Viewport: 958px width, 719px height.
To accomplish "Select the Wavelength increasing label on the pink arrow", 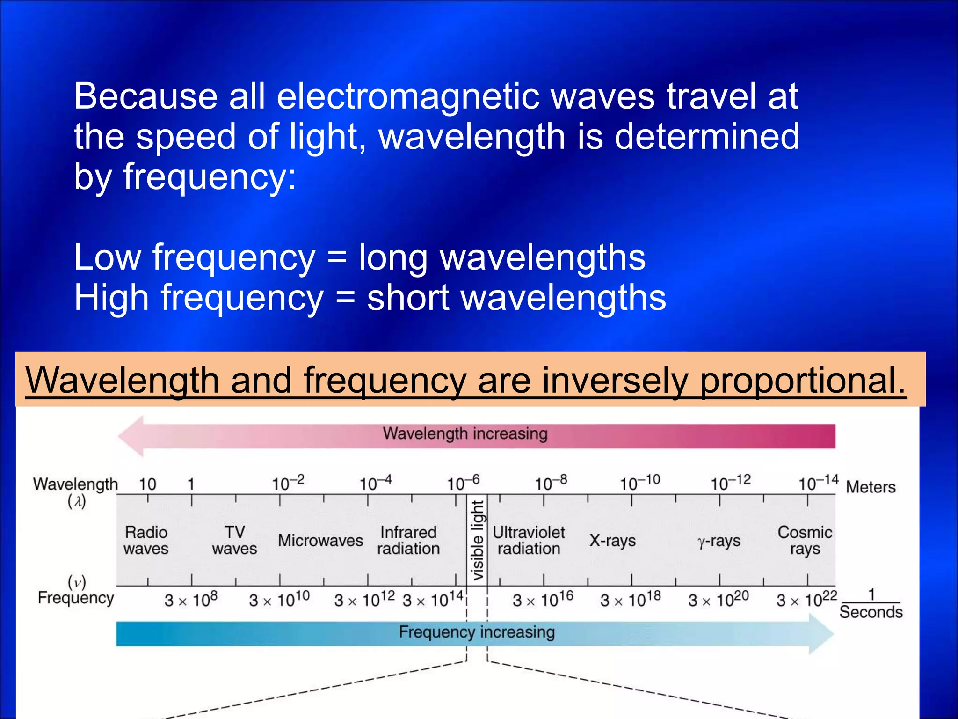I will [x=465, y=433].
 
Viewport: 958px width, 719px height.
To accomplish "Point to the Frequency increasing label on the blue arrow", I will [x=477, y=632].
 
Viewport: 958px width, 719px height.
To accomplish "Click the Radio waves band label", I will [x=146, y=540].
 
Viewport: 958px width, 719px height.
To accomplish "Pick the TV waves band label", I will [x=234, y=540].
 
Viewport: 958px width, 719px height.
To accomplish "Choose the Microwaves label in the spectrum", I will [x=320, y=541].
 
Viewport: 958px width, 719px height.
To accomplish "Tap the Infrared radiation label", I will [x=408, y=540].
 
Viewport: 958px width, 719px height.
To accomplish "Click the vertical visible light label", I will [x=477, y=540].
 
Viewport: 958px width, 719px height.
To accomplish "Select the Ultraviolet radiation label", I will [x=529, y=540].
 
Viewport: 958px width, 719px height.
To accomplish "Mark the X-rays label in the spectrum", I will [x=612, y=541].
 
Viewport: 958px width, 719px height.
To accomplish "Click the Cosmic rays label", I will [x=805, y=540].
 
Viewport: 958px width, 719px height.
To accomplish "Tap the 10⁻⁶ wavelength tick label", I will [x=463, y=482].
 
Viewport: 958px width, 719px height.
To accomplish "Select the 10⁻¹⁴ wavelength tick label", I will [x=818, y=482].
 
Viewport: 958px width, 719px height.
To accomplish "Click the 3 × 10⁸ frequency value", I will [x=191, y=599].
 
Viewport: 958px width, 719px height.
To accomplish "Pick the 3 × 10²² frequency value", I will [x=806, y=599].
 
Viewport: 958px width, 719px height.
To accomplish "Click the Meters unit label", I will [x=871, y=487].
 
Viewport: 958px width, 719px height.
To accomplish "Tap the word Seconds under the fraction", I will [x=871, y=612].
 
